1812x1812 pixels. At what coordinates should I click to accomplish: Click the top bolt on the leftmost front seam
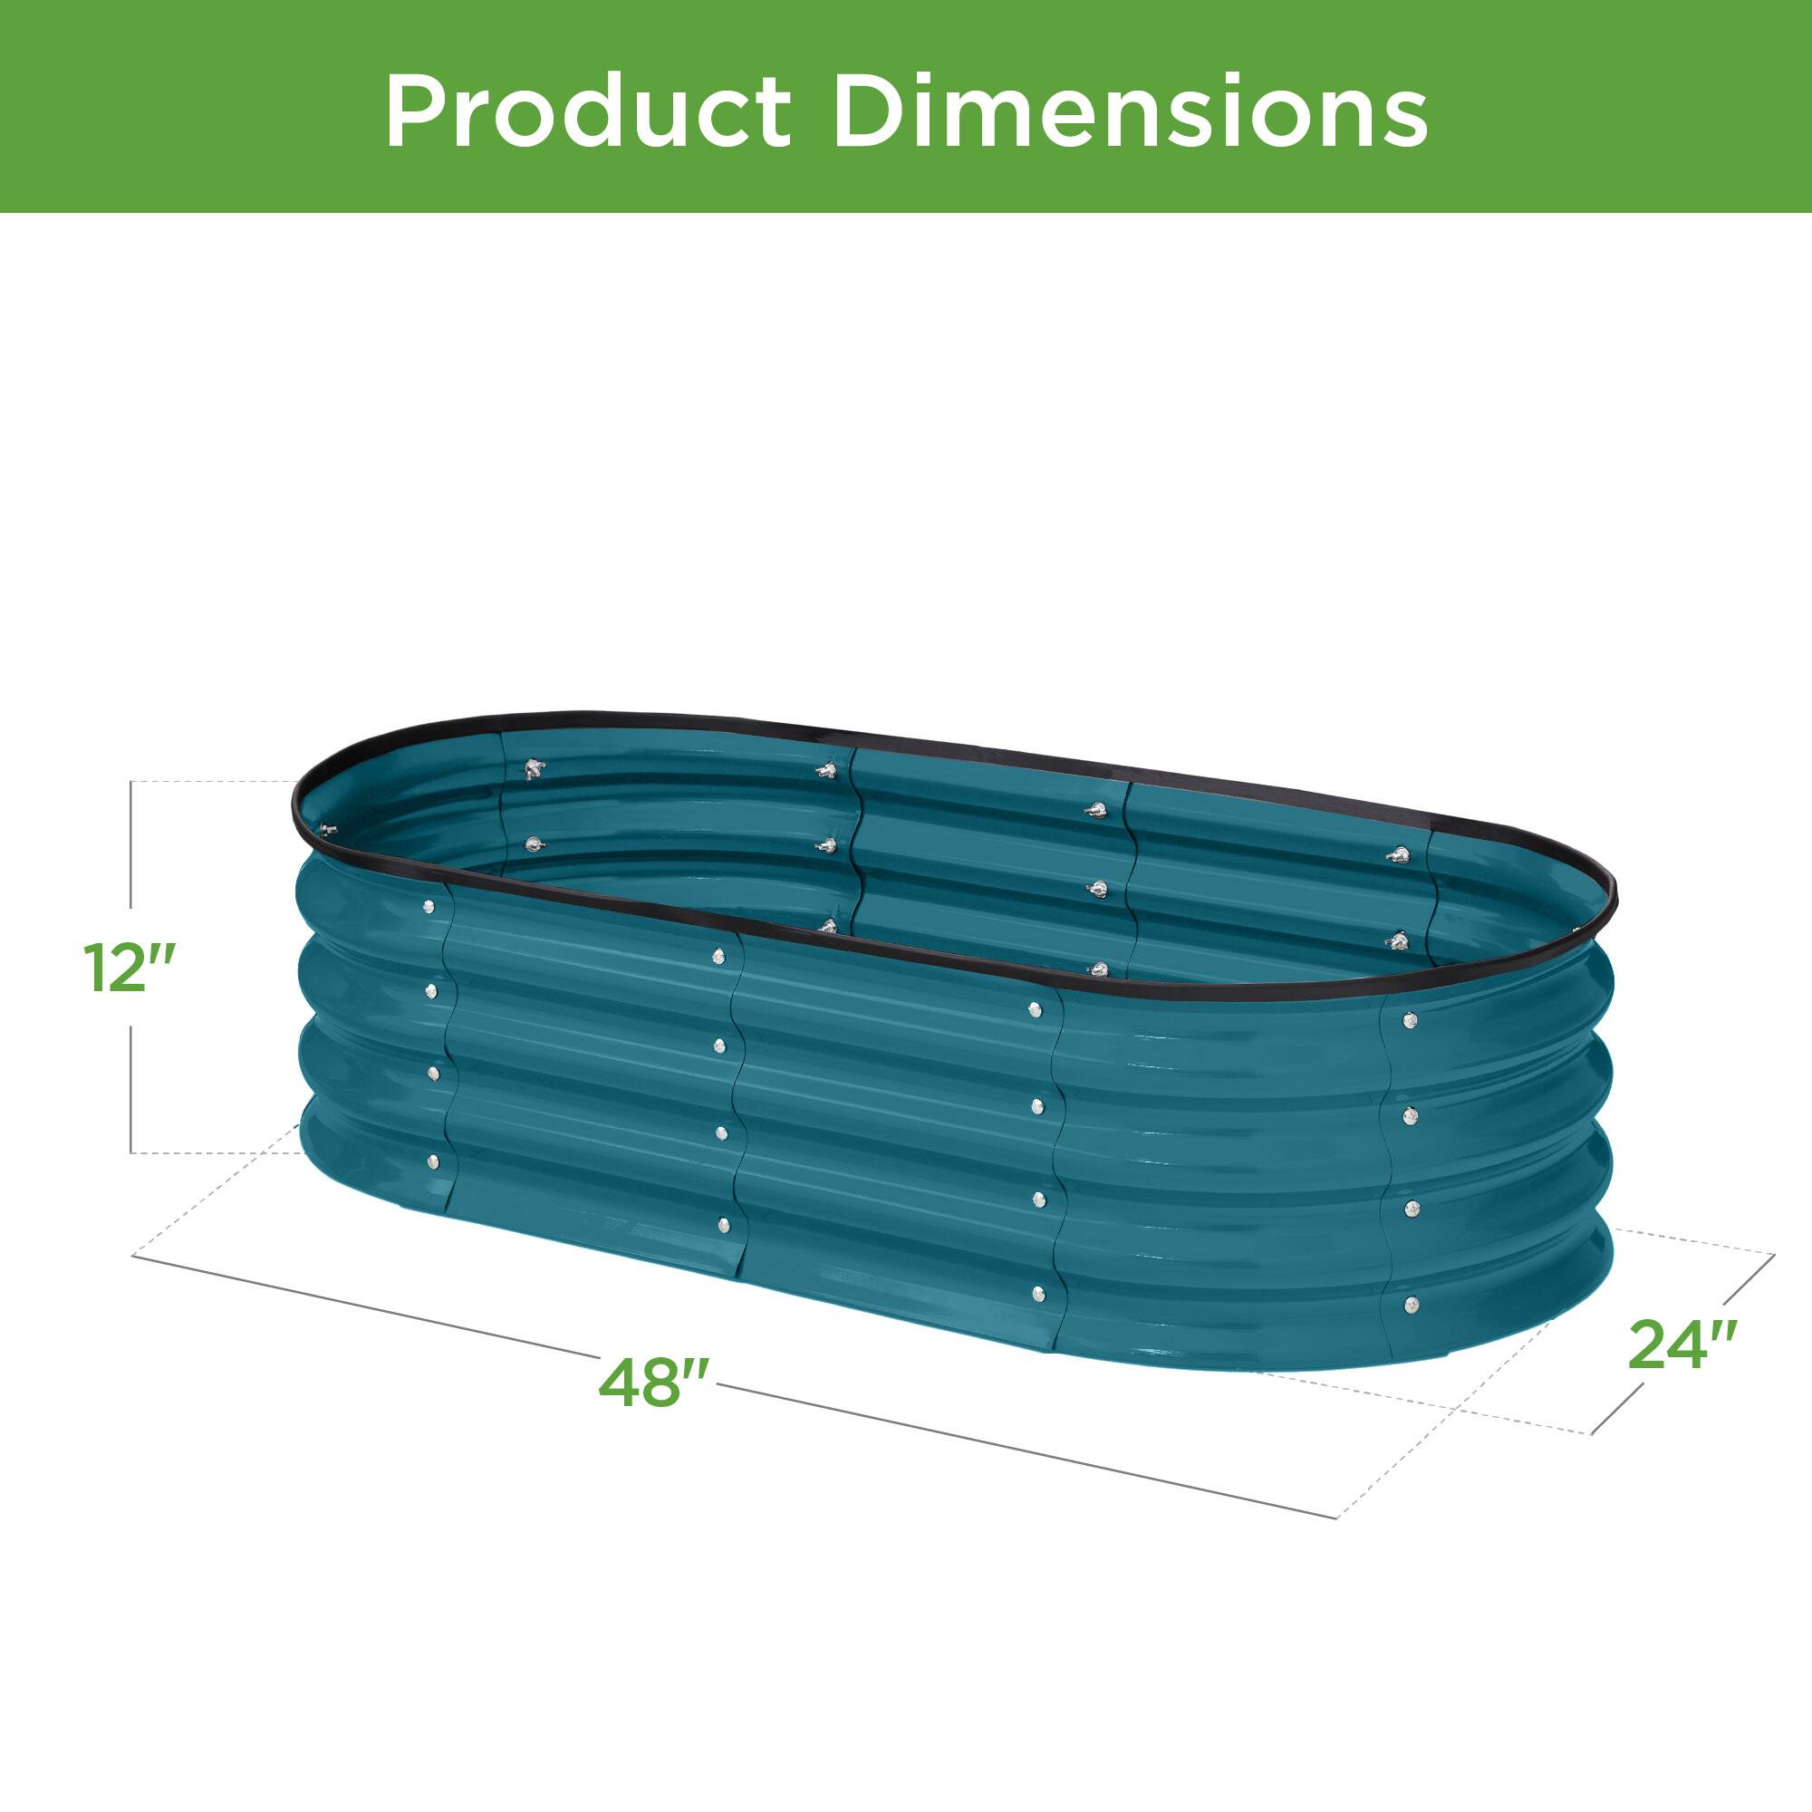(x=429, y=907)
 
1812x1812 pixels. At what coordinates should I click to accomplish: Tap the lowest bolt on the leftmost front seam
(x=432, y=1164)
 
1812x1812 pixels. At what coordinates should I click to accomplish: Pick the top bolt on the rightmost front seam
(x=1409, y=1019)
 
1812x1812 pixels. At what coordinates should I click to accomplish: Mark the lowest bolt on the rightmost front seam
(x=1411, y=1304)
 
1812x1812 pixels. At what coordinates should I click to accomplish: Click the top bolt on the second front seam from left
(x=718, y=957)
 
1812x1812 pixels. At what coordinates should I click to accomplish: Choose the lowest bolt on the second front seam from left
(x=723, y=1224)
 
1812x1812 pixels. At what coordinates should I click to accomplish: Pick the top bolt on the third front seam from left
(x=1035, y=1009)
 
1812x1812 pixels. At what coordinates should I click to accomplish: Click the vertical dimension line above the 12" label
(x=130, y=844)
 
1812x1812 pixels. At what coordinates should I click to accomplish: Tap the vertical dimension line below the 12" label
(x=130, y=1088)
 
